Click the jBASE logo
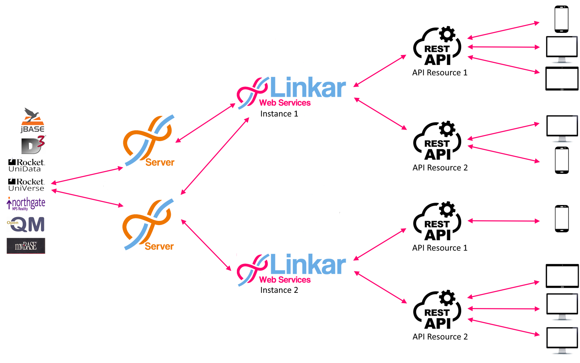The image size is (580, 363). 32,120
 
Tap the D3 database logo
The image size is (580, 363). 33,145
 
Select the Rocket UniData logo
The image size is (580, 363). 27,165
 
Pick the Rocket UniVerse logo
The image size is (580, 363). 26,185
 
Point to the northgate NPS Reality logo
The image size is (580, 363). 26,204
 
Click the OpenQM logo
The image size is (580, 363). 27,224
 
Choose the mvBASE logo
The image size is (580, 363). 26,246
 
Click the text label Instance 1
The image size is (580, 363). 279,114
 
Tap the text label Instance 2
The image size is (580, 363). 279,290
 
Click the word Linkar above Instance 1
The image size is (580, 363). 308,87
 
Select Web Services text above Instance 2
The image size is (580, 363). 285,279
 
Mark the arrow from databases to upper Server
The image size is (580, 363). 87,175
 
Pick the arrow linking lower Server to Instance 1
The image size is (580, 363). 215,156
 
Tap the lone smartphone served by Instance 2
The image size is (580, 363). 562,218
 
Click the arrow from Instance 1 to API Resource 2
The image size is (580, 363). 380,114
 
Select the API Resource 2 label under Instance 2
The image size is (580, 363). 440,337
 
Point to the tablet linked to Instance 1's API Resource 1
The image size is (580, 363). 562,79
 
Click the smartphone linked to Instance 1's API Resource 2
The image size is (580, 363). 562,160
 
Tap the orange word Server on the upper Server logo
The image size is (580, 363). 160,162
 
